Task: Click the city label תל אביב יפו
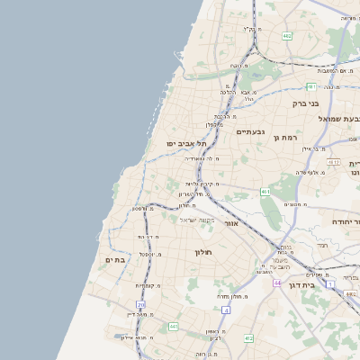coord(186,144)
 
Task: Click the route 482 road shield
coord(286,35)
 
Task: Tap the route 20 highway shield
coord(140,305)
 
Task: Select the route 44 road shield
coord(278,283)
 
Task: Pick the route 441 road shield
coord(173,326)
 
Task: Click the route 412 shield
coord(248,338)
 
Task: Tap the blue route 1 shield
coord(330,284)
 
